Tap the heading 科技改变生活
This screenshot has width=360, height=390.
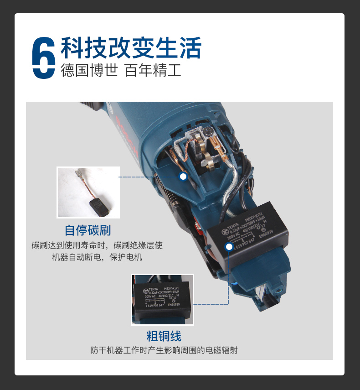[x=131, y=47]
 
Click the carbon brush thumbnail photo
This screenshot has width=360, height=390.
[x=88, y=192]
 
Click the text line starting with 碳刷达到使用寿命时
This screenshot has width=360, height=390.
[x=97, y=245]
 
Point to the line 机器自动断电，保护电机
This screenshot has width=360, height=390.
[x=97, y=257]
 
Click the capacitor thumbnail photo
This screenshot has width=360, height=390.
[x=162, y=299]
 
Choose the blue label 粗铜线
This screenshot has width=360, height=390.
[x=164, y=337]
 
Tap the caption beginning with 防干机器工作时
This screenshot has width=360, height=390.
[x=164, y=351]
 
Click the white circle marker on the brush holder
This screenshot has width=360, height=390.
[x=183, y=177]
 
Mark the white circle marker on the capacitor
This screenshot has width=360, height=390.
[x=229, y=247]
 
